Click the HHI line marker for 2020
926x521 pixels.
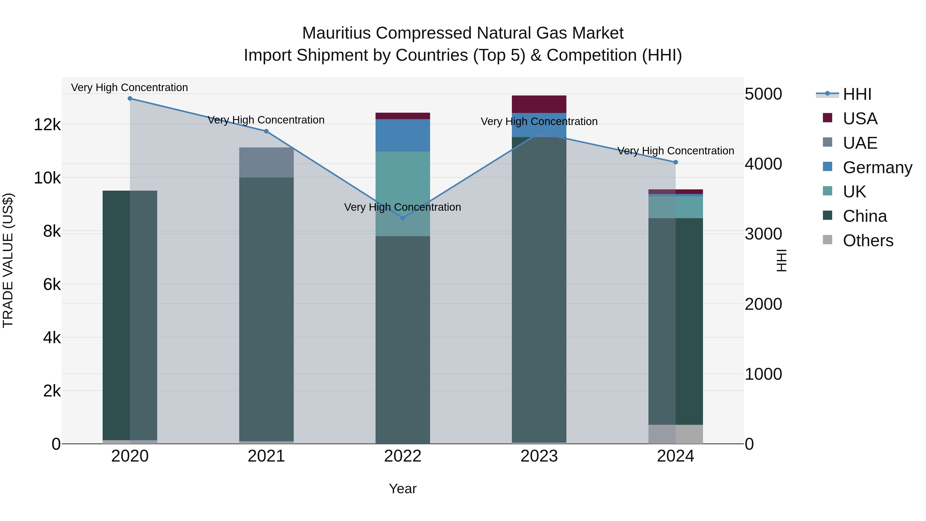click(130, 99)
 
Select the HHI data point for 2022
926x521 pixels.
click(403, 218)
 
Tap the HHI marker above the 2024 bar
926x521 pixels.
click(675, 162)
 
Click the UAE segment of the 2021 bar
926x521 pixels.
click(266, 163)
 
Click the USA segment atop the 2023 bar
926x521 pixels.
click(539, 104)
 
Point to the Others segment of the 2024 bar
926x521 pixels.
click(675, 434)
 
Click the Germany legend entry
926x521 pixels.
click(877, 167)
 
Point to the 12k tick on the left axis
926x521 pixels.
click(47, 125)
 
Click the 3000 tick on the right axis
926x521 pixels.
click(763, 234)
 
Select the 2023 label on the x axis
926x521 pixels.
click(539, 456)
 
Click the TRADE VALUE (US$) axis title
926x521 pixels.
click(8, 260)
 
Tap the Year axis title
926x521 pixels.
click(403, 489)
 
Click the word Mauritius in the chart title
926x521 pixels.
click(336, 33)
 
